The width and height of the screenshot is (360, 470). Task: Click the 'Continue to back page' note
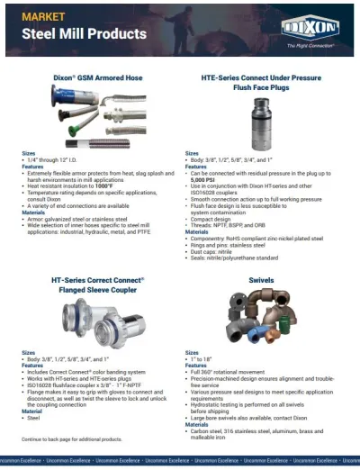[71, 438]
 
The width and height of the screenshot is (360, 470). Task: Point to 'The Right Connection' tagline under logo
[310, 44]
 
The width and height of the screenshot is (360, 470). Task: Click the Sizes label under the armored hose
[29, 153]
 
